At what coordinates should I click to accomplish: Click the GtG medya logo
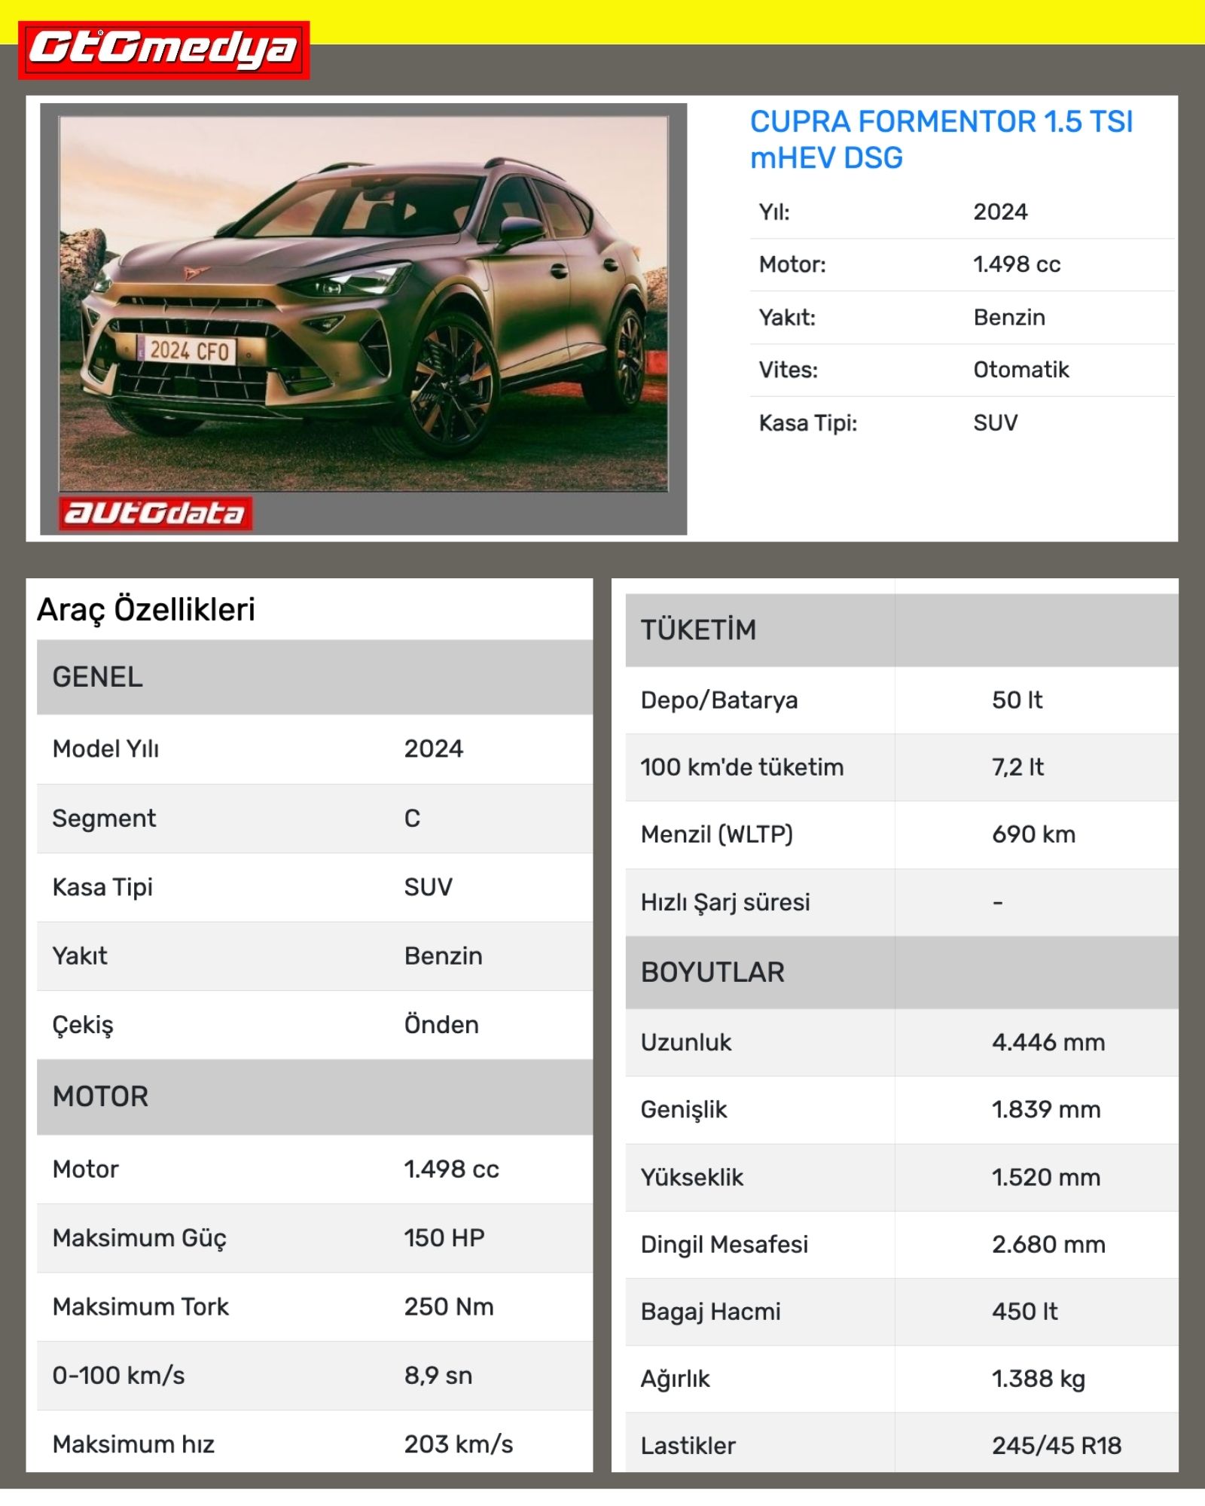coord(163,50)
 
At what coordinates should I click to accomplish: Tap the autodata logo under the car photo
coord(155,513)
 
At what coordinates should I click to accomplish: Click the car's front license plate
coord(187,351)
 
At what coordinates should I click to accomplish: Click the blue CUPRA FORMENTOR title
coord(941,139)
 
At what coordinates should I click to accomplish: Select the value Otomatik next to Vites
coord(1020,370)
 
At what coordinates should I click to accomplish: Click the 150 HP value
coord(444,1237)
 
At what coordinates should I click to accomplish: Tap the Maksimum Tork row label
coord(140,1306)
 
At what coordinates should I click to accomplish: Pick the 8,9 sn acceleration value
coord(438,1375)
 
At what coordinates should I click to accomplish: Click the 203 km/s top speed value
coord(458,1444)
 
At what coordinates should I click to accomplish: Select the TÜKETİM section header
coord(698,630)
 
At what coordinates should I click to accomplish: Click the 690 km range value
coord(1033,834)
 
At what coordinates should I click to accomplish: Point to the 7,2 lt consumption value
coord(1017,767)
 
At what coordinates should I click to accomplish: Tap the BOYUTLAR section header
coord(712,972)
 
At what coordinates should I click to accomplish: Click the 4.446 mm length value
coord(1048,1042)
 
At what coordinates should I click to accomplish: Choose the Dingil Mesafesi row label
coord(724,1244)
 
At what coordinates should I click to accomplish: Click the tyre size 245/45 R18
coord(1056,1445)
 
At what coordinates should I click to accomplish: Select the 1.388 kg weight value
coord(1038,1379)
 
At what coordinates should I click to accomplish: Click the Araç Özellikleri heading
coord(146,609)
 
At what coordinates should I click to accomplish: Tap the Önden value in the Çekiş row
coord(441,1025)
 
